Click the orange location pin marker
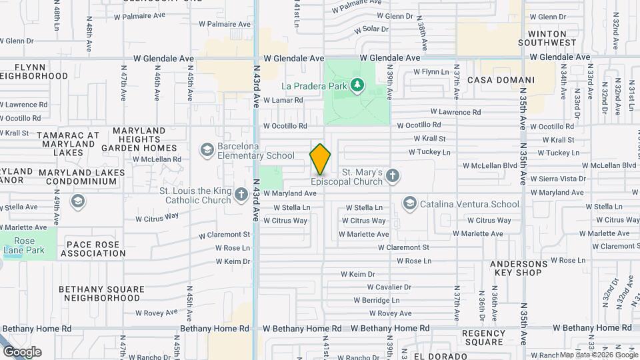click(320, 159)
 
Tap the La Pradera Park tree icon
click(358, 85)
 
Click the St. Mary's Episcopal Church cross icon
click(393, 175)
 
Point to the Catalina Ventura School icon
click(409, 203)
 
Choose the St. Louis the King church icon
click(240, 192)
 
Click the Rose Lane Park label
click(19, 246)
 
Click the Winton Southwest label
click(551, 38)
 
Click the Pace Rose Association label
click(93, 249)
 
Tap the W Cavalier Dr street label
click(389, 287)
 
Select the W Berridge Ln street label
click(381, 300)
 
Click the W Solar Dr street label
click(371, 29)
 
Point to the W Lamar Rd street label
click(283, 100)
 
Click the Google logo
click(22, 352)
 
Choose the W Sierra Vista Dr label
click(558, 179)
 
